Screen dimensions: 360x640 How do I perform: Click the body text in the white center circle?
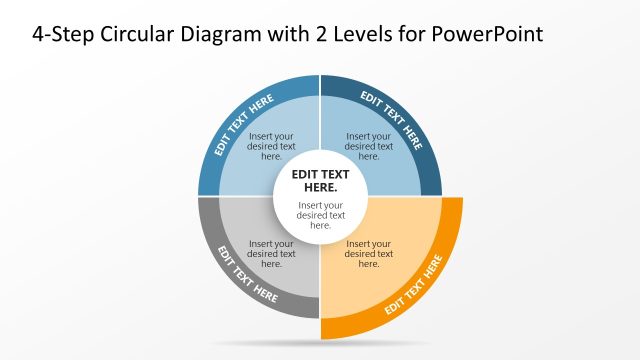(320, 215)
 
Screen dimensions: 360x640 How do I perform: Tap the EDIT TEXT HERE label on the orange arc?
(414, 286)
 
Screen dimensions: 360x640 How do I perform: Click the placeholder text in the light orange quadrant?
(369, 254)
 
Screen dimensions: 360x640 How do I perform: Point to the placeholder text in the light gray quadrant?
(271, 254)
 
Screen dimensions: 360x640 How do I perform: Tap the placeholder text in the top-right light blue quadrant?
(369, 146)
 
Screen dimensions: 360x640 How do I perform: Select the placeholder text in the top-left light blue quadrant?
(271, 146)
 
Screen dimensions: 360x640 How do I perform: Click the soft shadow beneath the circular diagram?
(320, 344)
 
